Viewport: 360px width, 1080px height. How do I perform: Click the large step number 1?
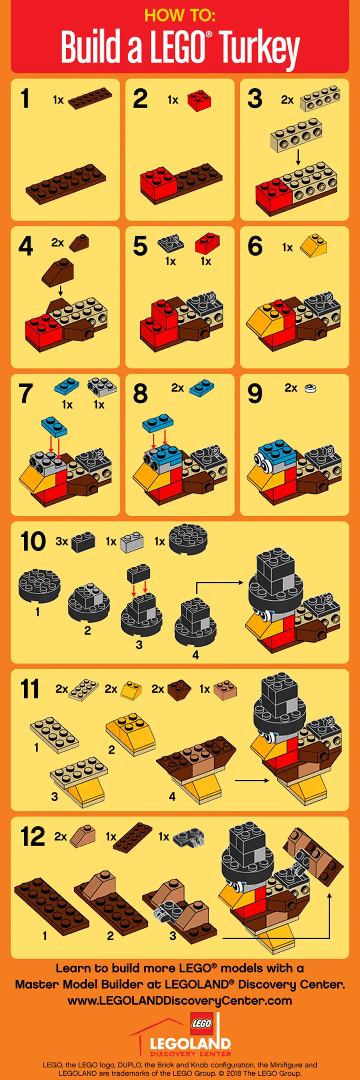25,99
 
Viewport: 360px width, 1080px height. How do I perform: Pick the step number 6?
255,246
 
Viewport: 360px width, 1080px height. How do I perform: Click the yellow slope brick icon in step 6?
314,246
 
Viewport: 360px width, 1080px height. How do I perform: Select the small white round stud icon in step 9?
310,388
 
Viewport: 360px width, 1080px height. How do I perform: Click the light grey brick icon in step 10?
132,541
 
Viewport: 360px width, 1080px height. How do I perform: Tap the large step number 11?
29,689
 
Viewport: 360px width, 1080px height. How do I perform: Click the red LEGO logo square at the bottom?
201,1024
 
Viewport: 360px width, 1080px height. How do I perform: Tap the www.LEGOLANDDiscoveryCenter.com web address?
180,1001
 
